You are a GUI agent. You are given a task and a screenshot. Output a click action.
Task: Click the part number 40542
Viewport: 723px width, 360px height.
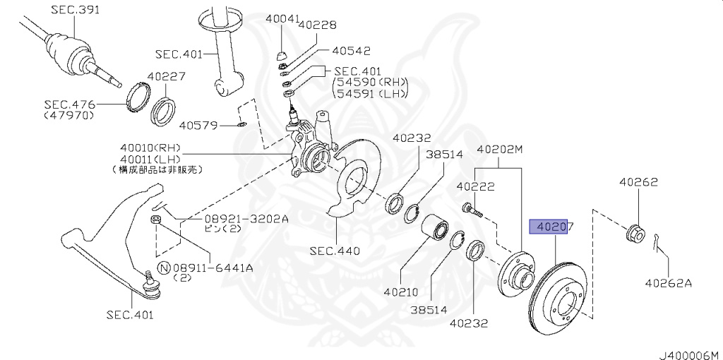click(x=351, y=51)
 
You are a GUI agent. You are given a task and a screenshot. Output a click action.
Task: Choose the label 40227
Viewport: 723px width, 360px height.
click(x=167, y=77)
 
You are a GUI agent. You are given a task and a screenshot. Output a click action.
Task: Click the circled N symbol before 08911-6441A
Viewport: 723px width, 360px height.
click(x=163, y=268)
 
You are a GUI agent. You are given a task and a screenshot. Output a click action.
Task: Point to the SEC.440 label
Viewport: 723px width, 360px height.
click(x=335, y=251)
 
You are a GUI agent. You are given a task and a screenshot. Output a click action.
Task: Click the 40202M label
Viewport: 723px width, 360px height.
click(x=501, y=150)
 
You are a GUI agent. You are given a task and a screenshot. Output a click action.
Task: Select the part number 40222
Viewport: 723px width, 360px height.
click(x=475, y=187)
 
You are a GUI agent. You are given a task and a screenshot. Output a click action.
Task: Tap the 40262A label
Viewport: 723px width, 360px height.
click(x=668, y=284)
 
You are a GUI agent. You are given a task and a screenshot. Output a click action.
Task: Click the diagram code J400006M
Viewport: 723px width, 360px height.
click(x=688, y=353)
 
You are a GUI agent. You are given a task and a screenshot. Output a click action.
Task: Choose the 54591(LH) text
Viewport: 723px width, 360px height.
click(x=371, y=95)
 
